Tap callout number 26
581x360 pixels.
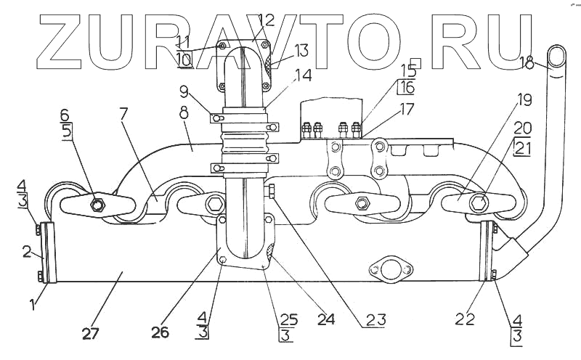tap(160, 332)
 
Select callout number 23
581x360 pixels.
tap(376, 318)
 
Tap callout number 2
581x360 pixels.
tap(28, 253)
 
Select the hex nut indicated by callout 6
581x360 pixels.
tap(97, 205)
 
